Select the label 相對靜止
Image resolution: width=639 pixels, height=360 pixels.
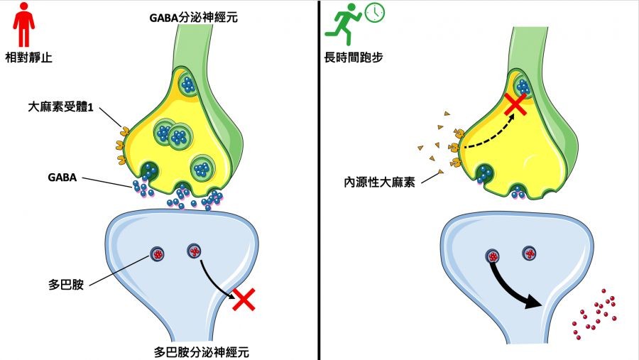(x=31, y=57)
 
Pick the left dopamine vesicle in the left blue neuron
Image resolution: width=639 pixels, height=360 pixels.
(x=158, y=253)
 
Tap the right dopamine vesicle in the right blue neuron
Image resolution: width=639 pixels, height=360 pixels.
(x=528, y=253)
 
